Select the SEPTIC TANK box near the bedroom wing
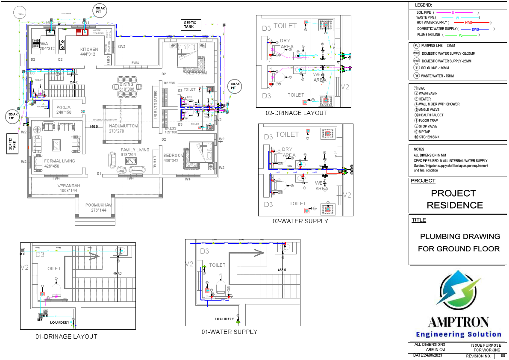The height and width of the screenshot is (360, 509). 189,24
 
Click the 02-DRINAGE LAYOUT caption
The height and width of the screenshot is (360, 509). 296,113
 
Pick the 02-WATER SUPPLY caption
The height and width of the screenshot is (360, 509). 300,221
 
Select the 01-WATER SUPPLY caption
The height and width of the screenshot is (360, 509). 229,331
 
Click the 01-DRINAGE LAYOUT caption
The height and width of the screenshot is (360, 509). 66,336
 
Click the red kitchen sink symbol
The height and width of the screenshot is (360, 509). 82,32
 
